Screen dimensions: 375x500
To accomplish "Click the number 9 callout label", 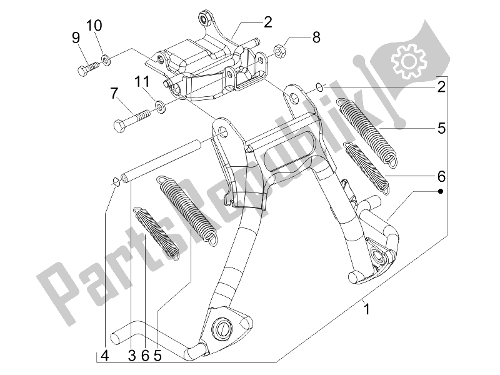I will (x=76, y=38).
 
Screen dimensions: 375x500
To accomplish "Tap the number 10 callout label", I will (x=94, y=26).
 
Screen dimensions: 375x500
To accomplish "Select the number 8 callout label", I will (x=316, y=37).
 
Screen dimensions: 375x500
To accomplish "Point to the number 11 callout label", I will (x=142, y=82).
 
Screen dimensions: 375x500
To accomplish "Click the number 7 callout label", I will (x=114, y=94).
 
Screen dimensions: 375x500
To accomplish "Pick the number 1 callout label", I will (x=367, y=308).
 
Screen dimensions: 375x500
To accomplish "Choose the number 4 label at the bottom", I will (x=105, y=356).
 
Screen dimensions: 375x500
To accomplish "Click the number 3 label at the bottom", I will (x=132, y=356).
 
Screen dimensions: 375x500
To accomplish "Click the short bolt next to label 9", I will (x=89, y=67).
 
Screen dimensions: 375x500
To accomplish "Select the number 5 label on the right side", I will (x=441, y=129).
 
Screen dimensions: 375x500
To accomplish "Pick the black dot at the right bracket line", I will (x=441, y=189).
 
